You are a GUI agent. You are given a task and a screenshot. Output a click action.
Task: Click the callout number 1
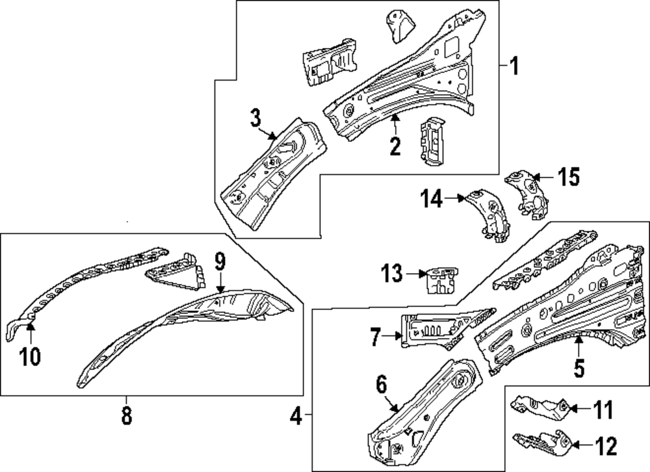(513, 66)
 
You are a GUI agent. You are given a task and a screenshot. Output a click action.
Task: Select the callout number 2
(395, 146)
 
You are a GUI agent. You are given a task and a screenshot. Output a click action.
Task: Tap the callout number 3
(255, 118)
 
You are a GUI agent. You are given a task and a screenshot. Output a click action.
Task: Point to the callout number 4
(296, 415)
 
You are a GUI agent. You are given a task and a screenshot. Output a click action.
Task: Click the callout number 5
(578, 367)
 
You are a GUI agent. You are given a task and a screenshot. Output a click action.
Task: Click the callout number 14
(432, 198)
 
